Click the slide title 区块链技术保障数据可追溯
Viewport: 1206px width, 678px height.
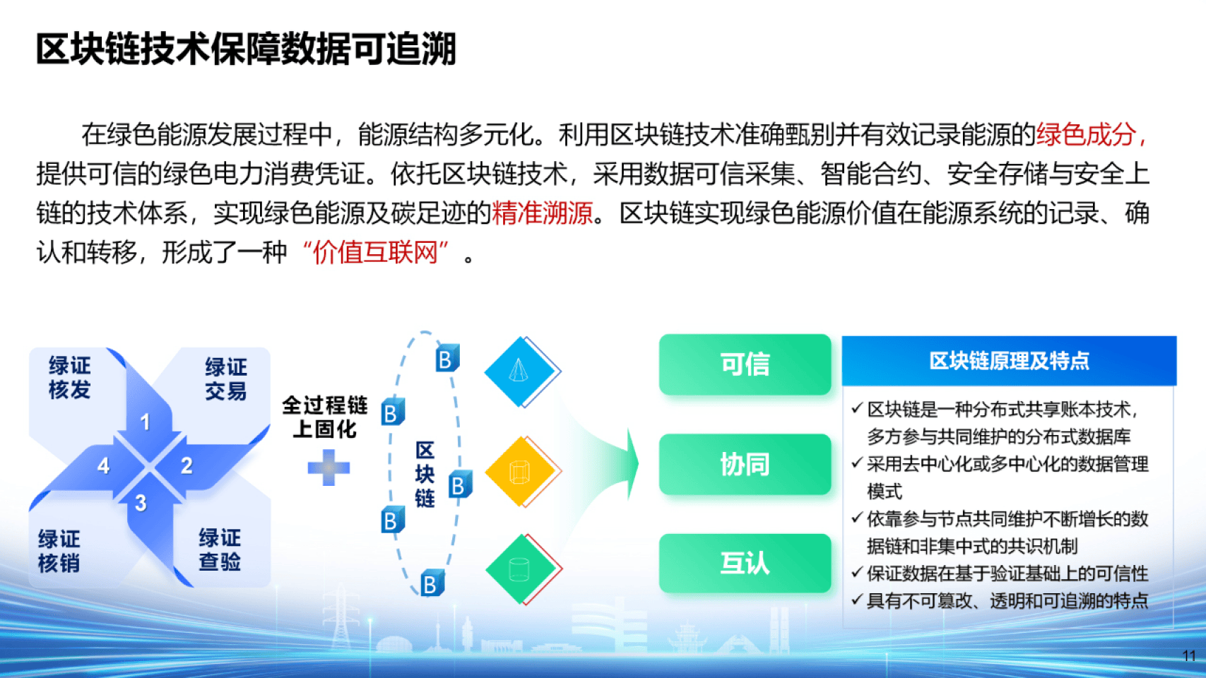pyautogui.click(x=246, y=49)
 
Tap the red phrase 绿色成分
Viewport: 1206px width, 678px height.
pyautogui.click(x=1086, y=134)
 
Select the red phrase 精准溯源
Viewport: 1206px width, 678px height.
pyautogui.click(x=542, y=213)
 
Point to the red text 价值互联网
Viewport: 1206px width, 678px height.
pyautogui.click(x=376, y=252)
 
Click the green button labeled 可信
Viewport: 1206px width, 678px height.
pyautogui.click(x=745, y=364)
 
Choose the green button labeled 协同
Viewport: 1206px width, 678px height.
pyautogui.click(x=745, y=465)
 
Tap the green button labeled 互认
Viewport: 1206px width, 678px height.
pyautogui.click(x=745, y=564)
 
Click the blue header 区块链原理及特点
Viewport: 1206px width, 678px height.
pyautogui.click(x=1008, y=361)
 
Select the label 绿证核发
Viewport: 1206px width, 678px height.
pyautogui.click(x=69, y=378)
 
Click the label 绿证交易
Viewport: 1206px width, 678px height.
pyautogui.click(x=226, y=379)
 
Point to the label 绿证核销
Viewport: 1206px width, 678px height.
pyautogui.click(x=59, y=551)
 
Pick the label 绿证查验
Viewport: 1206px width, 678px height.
pyautogui.click(x=220, y=549)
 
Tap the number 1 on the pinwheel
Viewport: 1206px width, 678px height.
pyautogui.click(x=145, y=422)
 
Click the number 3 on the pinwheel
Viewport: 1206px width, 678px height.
pyautogui.click(x=141, y=503)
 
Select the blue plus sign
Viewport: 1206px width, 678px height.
pyautogui.click(x=329, y=468)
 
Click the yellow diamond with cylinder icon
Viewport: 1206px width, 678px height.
pyautogui.click(x=521, y=472)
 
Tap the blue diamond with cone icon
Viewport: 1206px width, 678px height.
pyautogui.click(x=520, y=371)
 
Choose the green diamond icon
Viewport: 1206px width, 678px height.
pyautogui.click(x=521, y=569)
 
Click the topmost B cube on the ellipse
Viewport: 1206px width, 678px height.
pyautogui.click(x=447, y=359)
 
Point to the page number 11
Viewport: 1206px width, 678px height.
pyautogui.click(x=1188, y=656)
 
